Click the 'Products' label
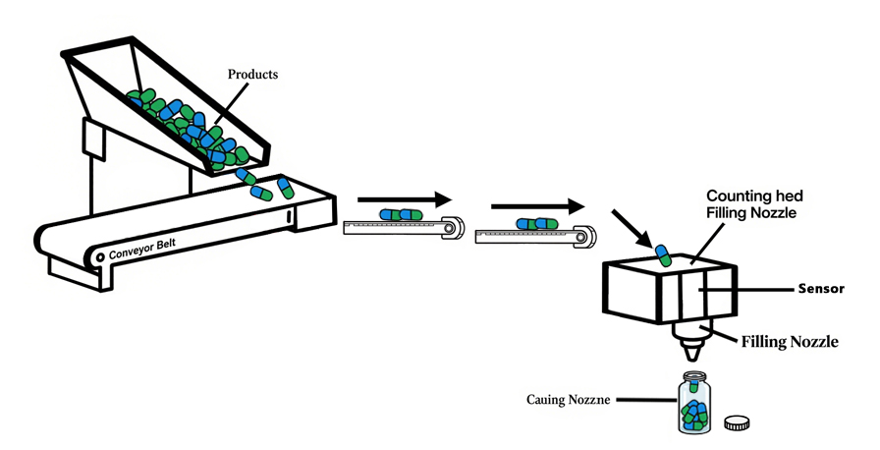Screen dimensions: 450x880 [252, 74]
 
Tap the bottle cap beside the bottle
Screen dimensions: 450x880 [737, 422]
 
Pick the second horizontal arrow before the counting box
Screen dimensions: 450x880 [536, 206]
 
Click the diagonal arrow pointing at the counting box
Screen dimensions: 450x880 [630, 227]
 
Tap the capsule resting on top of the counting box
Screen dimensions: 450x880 [664, 255]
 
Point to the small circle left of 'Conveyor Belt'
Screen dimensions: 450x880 [100, 256]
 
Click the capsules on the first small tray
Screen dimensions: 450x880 [400, 215]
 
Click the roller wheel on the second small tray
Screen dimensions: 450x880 [583, 236]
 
